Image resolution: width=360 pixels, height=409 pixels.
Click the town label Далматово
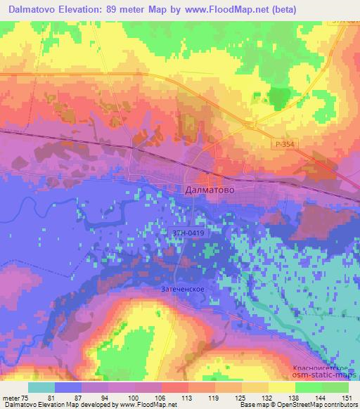click(x=209, y=190)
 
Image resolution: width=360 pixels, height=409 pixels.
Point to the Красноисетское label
click(x=323, y=368)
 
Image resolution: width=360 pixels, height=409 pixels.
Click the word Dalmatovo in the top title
click(x=30, y=9)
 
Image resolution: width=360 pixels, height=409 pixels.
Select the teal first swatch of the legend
click(x=41, y=387)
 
